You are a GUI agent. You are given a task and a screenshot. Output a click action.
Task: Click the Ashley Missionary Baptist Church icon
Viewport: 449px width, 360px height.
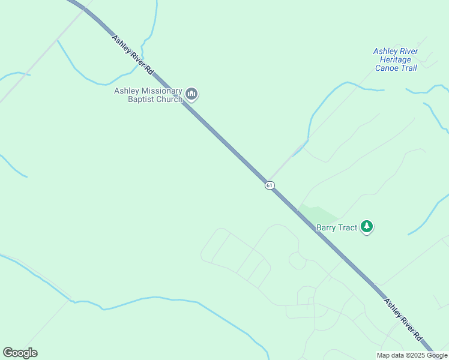[x=192, y=94]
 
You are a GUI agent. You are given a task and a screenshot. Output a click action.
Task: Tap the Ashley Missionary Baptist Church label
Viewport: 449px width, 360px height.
[x=148, y=95]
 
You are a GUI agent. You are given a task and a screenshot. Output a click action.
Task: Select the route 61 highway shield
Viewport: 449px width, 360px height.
[x=270, y=185]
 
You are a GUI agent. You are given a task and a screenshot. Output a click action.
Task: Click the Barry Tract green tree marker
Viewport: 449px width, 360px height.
[x=367, y=227]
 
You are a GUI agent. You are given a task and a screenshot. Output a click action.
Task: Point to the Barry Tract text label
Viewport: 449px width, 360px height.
[x=337, y=227]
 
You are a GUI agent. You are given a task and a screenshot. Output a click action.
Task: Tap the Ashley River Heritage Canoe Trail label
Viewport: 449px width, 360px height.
[x=395, y=59]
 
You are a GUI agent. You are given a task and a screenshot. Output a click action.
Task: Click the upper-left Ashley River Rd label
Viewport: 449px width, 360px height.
[x=133, y=55]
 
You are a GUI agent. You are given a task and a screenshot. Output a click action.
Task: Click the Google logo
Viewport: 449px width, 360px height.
[x=20, y=353]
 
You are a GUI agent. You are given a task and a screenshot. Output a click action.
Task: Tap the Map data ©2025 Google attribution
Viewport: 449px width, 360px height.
[x=412, y=355]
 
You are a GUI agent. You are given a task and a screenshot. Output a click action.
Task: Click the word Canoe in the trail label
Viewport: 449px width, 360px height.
[x=387, y=68]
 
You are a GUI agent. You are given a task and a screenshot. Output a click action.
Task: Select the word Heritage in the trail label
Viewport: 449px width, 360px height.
[x=395, y=59]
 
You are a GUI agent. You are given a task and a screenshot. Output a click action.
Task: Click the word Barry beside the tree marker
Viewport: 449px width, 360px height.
[x=328, y=227]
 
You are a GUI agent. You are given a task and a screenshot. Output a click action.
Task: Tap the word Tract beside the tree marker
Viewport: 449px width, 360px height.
[x=349, y=227]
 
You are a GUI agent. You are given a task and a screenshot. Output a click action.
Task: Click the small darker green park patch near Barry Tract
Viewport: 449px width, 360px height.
[x=318, y=213]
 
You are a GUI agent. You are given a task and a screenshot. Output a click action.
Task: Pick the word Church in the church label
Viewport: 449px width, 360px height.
[x=169, y=99]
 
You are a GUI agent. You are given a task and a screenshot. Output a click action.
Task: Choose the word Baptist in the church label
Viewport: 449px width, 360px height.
[x=142, y=99]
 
